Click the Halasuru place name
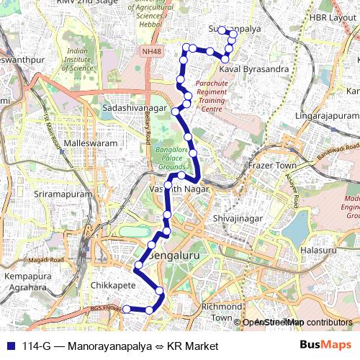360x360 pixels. (x=318, y=250)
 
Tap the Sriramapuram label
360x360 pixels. (x=64, y=194)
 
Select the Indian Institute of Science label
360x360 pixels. (x=83, y=60)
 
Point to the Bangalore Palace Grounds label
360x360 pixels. (x=171, y=158)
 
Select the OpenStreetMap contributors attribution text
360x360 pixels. (x=297, y=322)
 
